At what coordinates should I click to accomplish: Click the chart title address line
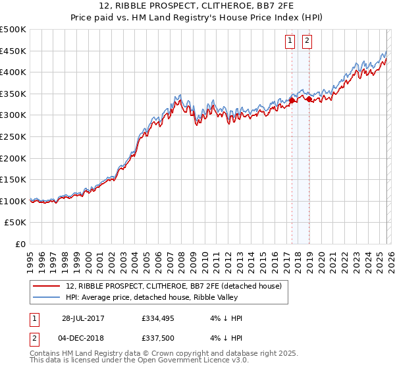click(x=197, y=6)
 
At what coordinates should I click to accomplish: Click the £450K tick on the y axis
click(x=13, y=51)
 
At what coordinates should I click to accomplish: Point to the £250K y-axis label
click(x=13, y=136)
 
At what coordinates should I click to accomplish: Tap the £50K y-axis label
click(x=16, y=223)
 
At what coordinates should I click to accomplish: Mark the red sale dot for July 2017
click(x=292, y=101)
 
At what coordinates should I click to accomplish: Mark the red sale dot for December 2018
click(x=308, y=99)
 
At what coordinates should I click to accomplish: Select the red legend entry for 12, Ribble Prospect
click(x=174, y=286)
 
